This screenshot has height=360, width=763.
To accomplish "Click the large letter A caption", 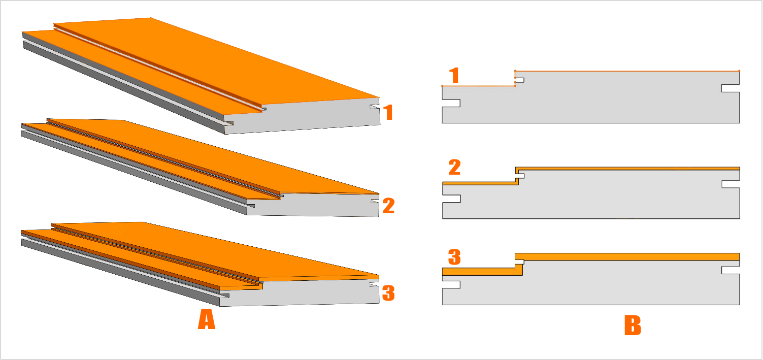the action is click(207, 319).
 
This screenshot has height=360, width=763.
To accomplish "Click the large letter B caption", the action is click(633, 325).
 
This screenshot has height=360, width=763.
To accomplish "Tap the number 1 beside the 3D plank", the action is click(388, 112).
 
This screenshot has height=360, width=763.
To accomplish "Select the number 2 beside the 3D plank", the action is click(389, 206).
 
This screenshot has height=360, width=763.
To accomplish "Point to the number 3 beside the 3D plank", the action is click(388, 293).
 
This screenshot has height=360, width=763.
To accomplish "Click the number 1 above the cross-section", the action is click(454, 75).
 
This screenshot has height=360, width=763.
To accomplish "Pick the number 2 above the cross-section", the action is click(455, 167).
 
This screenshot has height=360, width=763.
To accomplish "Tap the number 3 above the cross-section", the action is click(454, 257).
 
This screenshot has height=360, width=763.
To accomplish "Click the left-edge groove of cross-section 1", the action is click(451, 103).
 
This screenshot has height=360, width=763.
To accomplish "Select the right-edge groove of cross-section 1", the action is click(731, 88).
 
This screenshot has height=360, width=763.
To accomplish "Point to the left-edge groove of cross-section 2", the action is click(451, 199).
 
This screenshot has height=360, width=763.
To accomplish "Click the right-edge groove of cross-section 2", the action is click(731, 184).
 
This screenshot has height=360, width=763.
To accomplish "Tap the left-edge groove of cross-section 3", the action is click(451, 285).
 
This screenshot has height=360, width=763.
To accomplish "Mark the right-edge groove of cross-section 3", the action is click(731, 270).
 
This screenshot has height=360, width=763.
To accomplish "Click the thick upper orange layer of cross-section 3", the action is click(627, 257).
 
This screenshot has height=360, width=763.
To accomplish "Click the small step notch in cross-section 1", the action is click(519, 80).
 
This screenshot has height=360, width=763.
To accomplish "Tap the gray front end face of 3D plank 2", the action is click(312, 205).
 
